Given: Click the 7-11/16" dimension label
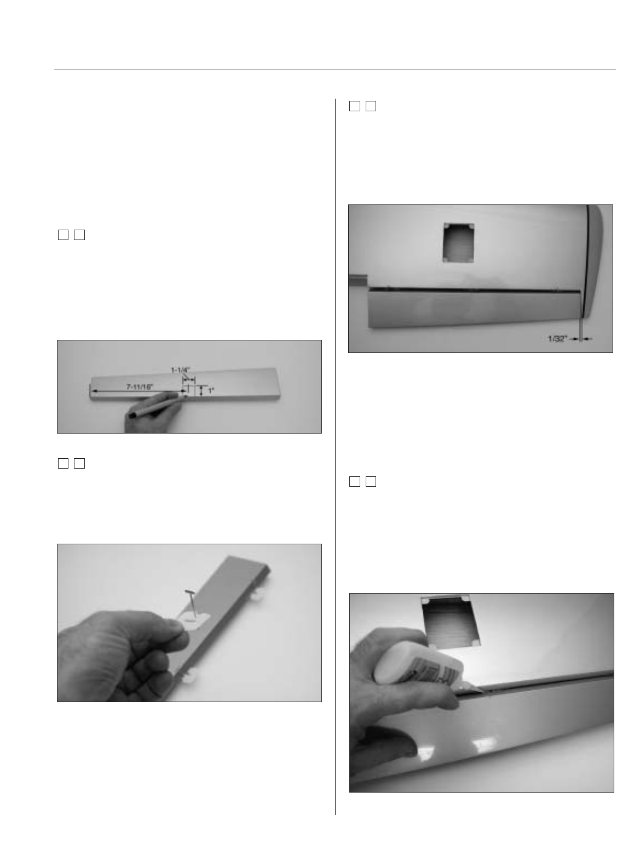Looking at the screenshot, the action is click(139, 386).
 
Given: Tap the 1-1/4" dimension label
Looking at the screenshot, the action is click(181, 370).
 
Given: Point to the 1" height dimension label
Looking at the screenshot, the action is click(211, 391).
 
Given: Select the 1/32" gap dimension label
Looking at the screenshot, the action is click(557, 339).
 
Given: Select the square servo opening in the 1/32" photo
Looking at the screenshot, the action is click(458, 242).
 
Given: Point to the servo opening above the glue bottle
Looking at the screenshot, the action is click(450, 622).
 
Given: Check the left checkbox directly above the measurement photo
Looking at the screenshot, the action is click(63, 235).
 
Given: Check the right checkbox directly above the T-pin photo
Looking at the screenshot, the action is click(79, 463).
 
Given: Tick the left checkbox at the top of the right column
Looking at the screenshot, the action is click(355, 106).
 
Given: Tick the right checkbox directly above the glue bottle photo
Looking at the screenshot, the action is click(371, 481).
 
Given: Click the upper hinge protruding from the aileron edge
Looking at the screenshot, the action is click(259, 594).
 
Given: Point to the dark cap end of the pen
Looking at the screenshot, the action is click(132, 415).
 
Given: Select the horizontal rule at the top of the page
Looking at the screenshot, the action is click(335, 70).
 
